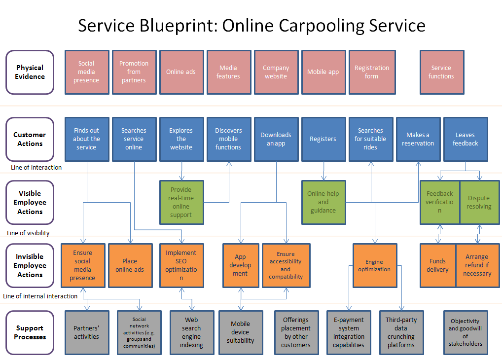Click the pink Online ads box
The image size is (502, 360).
181,72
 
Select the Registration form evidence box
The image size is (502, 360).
372,72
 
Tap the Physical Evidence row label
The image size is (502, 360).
30,72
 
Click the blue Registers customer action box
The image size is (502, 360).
323,139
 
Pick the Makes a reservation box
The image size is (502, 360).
418,139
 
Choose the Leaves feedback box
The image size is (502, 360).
465,139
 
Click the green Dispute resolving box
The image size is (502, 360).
479,203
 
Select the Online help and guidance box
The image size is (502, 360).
323,202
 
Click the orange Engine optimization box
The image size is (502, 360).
375,266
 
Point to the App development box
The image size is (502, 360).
240,265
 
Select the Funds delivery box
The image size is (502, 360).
437,265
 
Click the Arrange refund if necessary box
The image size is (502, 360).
477,265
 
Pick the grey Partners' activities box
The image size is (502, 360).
86,332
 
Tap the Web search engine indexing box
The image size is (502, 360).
191,332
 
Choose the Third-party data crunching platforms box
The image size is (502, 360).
401,332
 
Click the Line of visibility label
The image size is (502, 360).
29,233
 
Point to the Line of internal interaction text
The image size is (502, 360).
40,296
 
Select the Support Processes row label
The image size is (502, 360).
30,332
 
